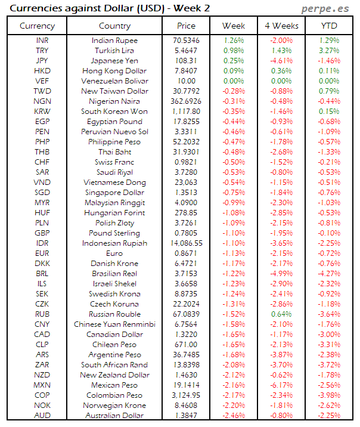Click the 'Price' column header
186,26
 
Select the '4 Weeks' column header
281,26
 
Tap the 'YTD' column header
328,26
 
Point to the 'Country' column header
114,26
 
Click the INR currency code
42,41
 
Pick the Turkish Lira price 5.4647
186,51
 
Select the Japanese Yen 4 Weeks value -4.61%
281,61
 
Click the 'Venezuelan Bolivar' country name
114,81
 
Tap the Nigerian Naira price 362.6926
186,101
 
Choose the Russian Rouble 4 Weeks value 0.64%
281,314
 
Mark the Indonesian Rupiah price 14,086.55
186,243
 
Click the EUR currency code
42,253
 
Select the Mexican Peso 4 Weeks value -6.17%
281,385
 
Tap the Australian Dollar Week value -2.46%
233,416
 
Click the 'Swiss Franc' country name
114,162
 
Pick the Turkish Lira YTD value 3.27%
328,51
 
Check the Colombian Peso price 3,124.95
186,395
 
